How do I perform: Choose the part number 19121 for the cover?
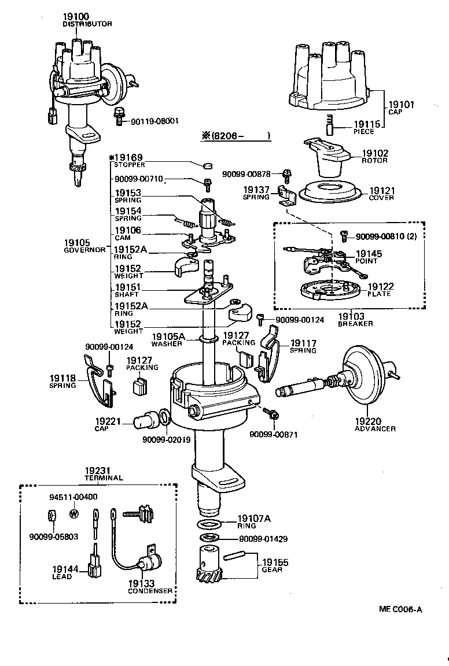tap(382, 190)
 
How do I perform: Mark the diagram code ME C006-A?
tap(400, 609)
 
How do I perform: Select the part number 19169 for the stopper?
tap(130, 158)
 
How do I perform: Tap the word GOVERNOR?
tap(84, 250)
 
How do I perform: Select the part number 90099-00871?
tap(274, 434)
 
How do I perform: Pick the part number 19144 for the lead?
tap(64, 569)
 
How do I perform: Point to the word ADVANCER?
tap(376, 428)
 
